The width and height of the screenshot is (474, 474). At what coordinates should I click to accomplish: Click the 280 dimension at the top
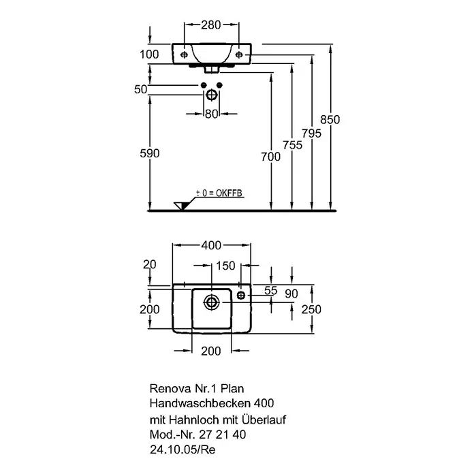(211, 25)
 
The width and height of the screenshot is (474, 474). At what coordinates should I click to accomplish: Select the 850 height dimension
(330, 120)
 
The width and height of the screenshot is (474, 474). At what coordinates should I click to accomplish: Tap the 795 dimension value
(312, 133)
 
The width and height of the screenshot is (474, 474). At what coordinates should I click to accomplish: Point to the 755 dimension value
(293, 145)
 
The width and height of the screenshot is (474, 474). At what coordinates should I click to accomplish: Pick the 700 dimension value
(271, 157)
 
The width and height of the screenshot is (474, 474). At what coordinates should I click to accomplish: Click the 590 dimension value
(150, 153)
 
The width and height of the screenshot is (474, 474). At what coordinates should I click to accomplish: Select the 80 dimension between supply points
(212, 114)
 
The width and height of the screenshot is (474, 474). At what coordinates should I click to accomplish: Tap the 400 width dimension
(211, 245)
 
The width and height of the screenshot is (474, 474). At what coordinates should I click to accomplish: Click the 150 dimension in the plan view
(225, 266)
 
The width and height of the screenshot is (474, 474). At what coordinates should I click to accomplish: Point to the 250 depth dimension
(311, 309)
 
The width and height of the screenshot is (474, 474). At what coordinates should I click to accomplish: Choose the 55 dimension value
(271, 291)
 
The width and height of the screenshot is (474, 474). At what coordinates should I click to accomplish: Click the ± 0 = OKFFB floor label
(219, 193)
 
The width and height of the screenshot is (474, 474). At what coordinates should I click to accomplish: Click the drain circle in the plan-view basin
(211, 302)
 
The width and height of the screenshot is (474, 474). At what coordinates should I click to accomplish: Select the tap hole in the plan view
(241, 295)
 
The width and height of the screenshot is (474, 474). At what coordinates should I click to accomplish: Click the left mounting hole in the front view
(184, 54)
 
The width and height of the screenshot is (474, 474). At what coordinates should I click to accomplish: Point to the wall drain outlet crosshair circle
(212, 95)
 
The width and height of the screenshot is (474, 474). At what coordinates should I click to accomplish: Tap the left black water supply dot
(204, 85)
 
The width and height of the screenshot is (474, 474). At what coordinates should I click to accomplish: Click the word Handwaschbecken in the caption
(200, 403)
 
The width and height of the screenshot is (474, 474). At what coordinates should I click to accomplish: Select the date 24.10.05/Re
(183, 449)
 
